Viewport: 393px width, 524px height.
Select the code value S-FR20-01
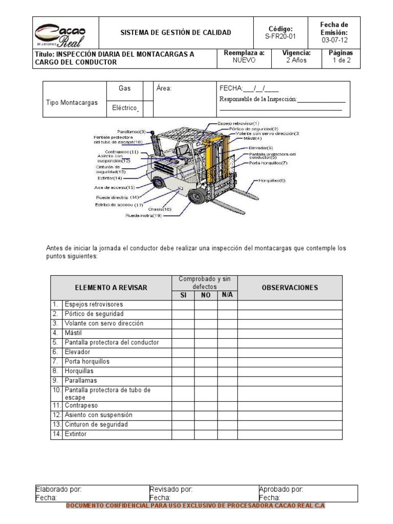(x=280, y=37)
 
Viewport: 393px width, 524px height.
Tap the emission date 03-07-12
(x=334, y=40)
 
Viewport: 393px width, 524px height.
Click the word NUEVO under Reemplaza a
(x=244, y=60)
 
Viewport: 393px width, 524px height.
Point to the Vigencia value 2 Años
(x=296, y=60)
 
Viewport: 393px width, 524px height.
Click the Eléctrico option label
(x=125, y=108)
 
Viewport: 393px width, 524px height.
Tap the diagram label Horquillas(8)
(x=272, y=181)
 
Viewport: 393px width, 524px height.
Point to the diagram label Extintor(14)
(x=110, y=178)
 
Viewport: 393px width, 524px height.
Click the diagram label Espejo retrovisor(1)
(x=238, y=123)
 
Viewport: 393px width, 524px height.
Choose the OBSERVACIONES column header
(x=290, y=288)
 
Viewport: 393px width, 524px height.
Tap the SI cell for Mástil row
(x=183, y=333)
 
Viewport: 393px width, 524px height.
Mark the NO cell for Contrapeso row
(x=206, y=405)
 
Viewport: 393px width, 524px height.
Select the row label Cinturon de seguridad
(x=96, y=424)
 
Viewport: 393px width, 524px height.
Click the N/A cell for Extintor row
(x=227, y=434)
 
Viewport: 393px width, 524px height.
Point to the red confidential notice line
(x=196, y=506)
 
